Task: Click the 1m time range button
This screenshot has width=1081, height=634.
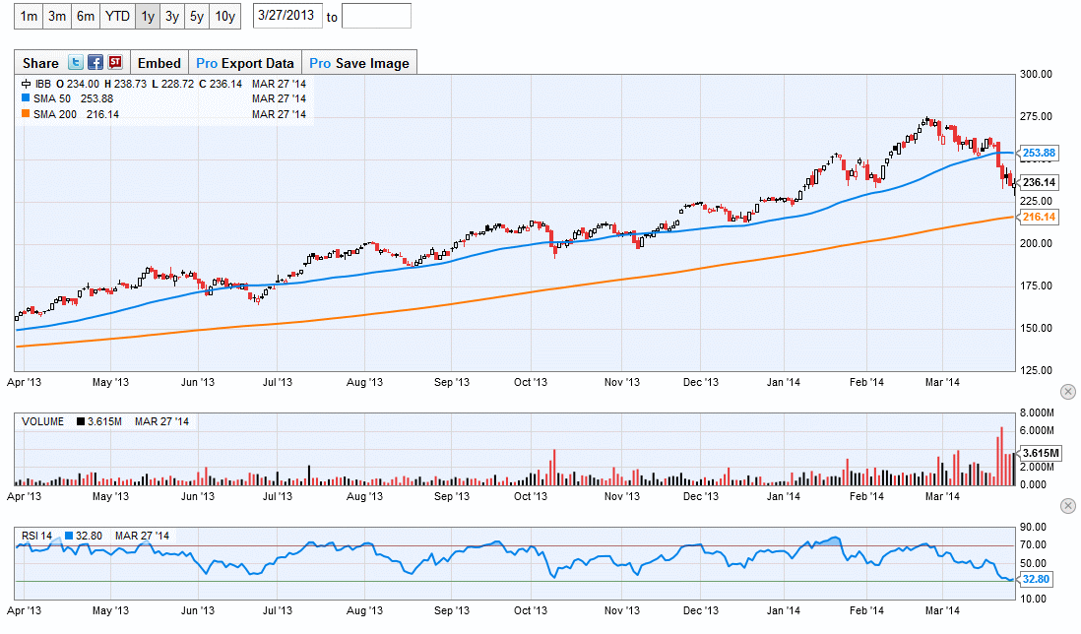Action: click(x=30, y=16)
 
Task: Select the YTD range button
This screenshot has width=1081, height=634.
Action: click(x=117, y=16)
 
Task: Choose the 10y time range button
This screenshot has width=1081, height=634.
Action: click(x=225, y=16)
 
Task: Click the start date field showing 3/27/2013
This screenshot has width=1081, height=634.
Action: click(x=287, y=16)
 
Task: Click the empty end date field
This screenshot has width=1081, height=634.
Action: click(x=376, y=16)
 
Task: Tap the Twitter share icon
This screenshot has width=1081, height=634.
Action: click(x=76, y=63)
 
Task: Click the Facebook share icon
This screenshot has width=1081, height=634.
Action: click(x=95, y=63)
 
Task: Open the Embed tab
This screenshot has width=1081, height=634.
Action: click(x=159, y=63)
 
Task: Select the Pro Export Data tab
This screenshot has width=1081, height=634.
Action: click(x=245, y=63)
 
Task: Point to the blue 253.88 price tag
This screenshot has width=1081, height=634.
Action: click(x=1039, y=153)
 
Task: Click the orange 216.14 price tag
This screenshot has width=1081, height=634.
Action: click(x=1039, y=217)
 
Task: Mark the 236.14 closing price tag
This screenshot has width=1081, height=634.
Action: click(x=1039, y=182)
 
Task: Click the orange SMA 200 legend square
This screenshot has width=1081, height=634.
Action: click(x=26, y=114)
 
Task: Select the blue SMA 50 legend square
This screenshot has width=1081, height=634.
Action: click(x=26, y=98)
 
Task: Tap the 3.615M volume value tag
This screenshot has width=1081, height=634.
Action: click(x=1040, y=453)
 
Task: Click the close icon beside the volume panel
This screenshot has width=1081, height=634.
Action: click(x=1067, y=392)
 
